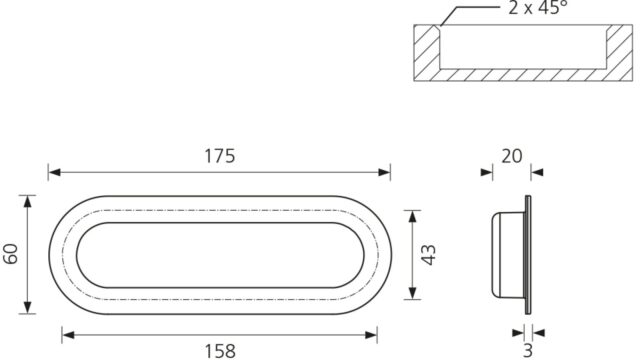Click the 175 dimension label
point(220,156)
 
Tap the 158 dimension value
point(220,351)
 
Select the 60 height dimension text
point(11,254)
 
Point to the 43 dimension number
point(429,255)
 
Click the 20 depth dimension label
point(511,156)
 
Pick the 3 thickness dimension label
point(528,350)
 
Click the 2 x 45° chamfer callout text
point(538,7)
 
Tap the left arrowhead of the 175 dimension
point(54,172)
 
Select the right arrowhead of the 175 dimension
point(384,172)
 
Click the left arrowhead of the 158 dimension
point(68,335)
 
